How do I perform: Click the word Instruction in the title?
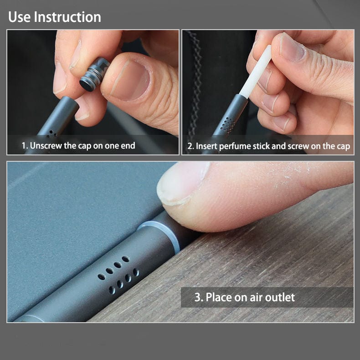[x=67, y=17]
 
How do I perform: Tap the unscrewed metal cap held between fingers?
[x=94, y=74]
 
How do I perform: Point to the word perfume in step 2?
[x=235, y=146]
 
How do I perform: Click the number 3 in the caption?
[x=198, y=297]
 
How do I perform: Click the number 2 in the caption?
[x=190, y=146]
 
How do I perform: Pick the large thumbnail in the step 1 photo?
[x=130, y=80]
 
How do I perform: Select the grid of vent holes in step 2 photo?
[x=228, y=125]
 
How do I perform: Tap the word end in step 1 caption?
[x=128, y=145]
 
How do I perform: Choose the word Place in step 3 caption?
[x=219, y=297]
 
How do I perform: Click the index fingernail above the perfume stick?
[x=292, y=47]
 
